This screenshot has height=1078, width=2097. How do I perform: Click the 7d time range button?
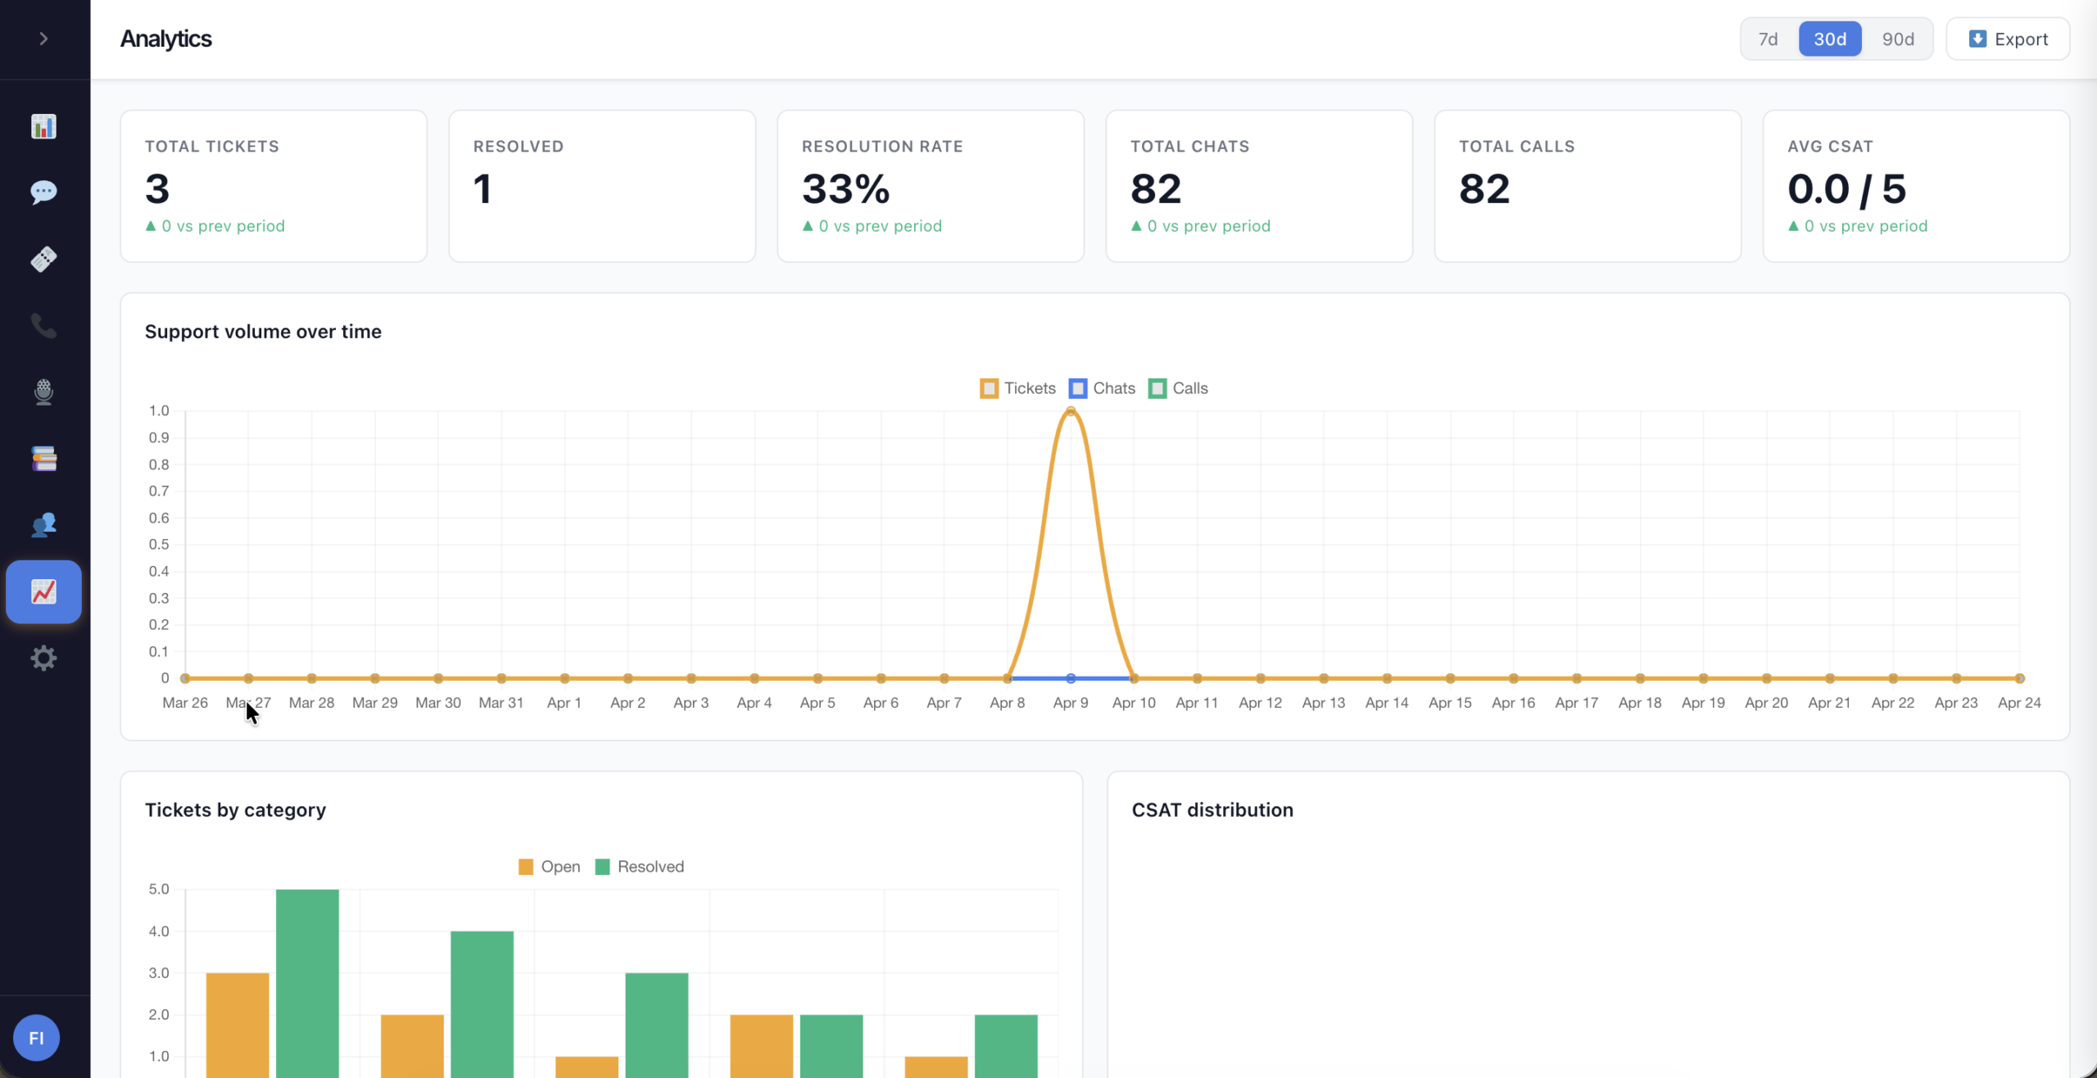click(x=1768, y=38)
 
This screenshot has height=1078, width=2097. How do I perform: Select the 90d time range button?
click(x=1897, y=38)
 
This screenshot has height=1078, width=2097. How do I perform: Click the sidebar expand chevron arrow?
click(x=43, y=38)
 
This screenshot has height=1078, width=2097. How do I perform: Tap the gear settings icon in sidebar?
click(x=43, y=658)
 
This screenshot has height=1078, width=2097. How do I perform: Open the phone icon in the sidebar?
click(x=43, y=325)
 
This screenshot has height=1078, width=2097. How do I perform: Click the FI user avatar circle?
click(x=36, y=1038)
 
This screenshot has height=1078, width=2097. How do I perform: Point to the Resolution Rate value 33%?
click(x=845, y=189)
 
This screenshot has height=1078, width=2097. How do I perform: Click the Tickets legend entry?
click(x=1017, y=388)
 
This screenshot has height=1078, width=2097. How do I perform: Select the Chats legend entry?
click(x=1102, y=388)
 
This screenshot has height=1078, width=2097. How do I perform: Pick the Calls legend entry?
click(x=1178, y=388)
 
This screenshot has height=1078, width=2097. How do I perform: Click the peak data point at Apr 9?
click(x=1071, y=411)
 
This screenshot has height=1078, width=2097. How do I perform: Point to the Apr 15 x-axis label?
click(x=1450, y=703)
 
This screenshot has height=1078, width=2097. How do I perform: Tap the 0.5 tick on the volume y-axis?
click(x=159, y=545)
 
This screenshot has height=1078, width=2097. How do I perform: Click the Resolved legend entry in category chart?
click(x=640, y=867)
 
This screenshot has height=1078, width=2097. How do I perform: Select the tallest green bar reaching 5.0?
click(x=307, y=983)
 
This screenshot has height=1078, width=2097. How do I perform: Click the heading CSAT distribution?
click(x=1212, y=810)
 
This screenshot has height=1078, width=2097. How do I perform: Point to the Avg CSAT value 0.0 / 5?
click(x=1846, y=189)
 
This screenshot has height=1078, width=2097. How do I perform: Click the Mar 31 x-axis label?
click(x=501, y=703)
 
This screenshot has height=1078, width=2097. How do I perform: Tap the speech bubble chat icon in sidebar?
click(x=43, y=192)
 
